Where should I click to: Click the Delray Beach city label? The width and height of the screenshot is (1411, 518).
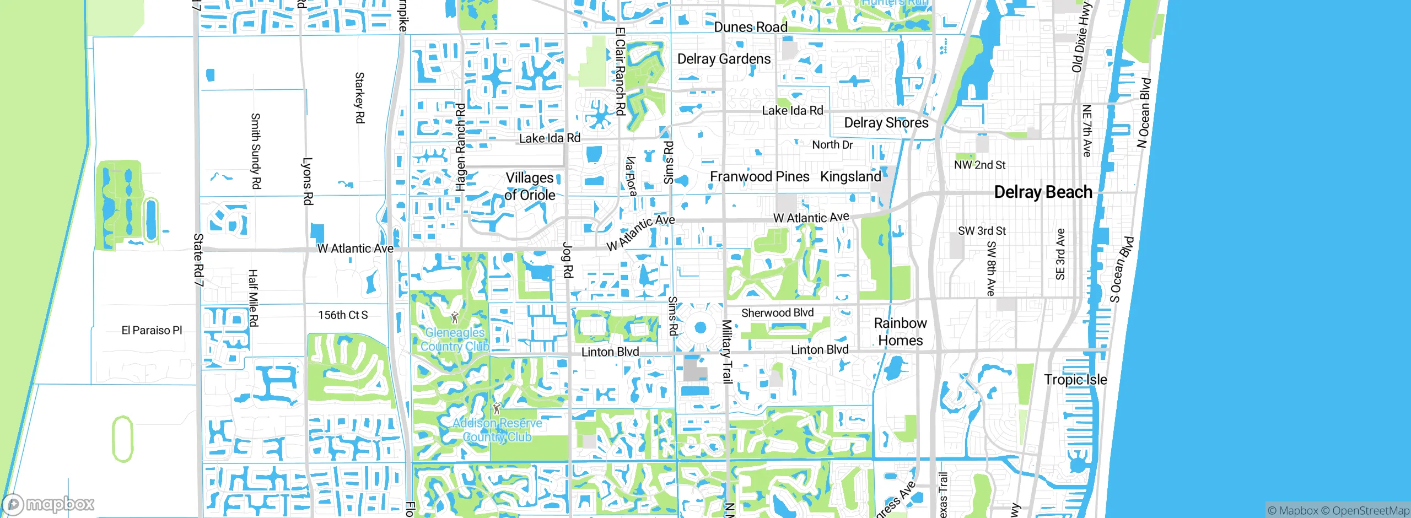point(1043,192)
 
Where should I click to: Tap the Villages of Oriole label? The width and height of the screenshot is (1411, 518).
point(530,186)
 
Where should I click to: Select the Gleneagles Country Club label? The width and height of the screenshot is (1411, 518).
point(455,339)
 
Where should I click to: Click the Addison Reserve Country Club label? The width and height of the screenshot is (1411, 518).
point(497,430)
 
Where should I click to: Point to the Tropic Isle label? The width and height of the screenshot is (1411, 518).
point(1075,380)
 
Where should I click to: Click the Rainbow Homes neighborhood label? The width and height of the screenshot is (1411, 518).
point(900,332)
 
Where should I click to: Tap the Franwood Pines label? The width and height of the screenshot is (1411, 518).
point(760,177)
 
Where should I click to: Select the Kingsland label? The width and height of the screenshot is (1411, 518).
point(850,177)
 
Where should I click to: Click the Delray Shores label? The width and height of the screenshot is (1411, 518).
point(886,123)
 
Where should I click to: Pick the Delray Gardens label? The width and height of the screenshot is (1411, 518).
point(724,59)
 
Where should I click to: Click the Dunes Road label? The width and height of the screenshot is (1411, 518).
point(750,27)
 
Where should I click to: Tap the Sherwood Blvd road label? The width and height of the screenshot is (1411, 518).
point(777,313)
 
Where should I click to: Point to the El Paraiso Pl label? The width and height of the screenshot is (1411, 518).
point(152,331)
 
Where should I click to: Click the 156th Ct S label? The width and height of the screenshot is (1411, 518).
point(343,315)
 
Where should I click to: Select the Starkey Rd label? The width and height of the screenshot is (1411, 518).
point(359,98)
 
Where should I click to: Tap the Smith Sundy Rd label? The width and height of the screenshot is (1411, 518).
point(255,151)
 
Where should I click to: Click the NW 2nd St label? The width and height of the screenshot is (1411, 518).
point(979,165)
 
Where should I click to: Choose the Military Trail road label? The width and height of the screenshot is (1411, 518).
point(727,352)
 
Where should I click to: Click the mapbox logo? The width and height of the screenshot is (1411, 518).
point(49,504)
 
